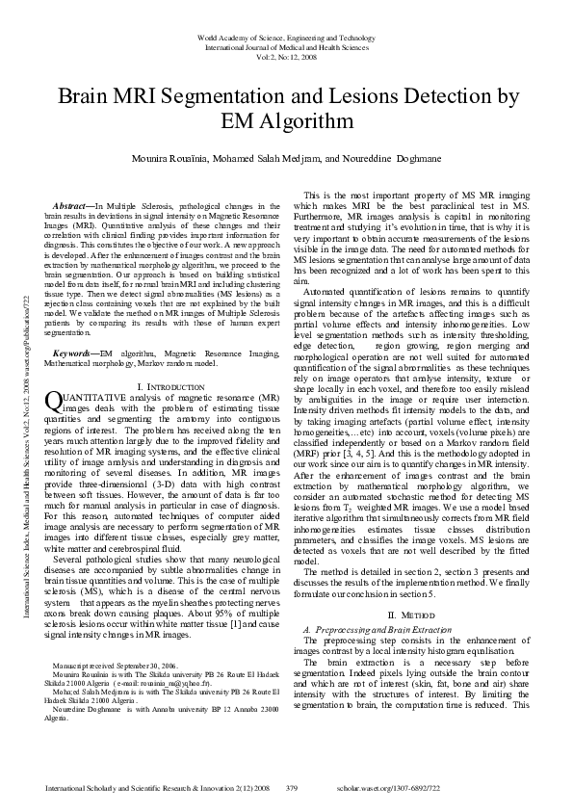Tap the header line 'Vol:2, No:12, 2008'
coord(286,56)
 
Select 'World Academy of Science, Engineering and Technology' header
coord(286,37)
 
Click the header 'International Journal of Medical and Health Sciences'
coord(286,46)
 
